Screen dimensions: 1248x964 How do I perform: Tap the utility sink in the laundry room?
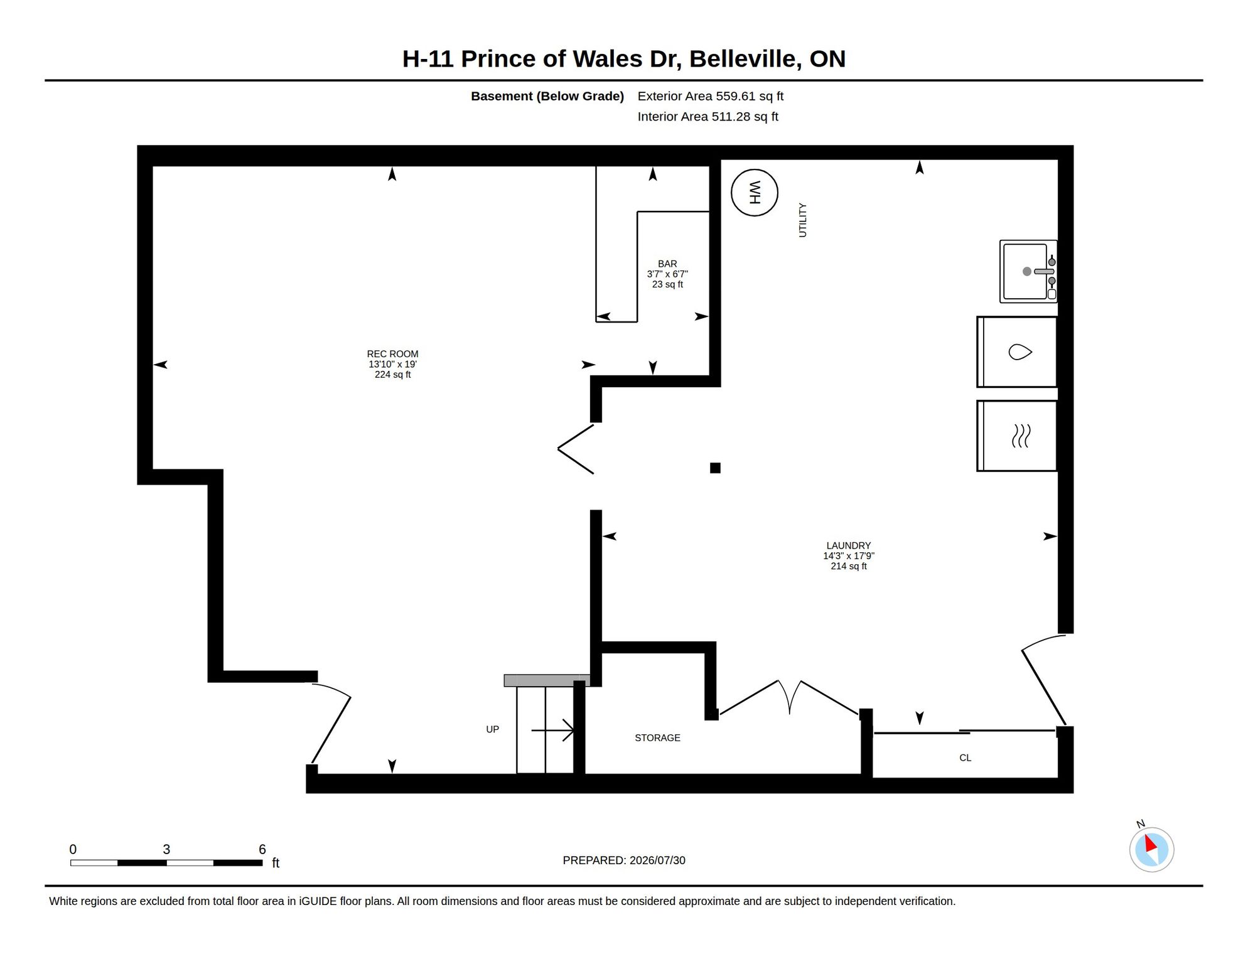tap(1028, 271)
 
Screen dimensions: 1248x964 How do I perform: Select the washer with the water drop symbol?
tap(1017, 352)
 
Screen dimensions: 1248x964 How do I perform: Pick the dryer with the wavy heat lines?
tap(1017, 436)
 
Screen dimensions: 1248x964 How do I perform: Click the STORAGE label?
tap(657, 738)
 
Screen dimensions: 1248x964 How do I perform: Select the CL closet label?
tap(966, 758)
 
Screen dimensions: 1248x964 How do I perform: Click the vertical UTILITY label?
tap(802, 220)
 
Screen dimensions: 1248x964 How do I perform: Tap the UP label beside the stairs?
tap(492, 729)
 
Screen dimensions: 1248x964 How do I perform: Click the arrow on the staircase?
tap(552, 731)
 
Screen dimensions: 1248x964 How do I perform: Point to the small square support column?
tap(715, 468)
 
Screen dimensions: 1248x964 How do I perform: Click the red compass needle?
tap(1151, 843)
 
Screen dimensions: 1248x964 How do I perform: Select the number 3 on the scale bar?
tap(166, 849)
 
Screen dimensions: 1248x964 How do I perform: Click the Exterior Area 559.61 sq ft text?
tap(711, 96)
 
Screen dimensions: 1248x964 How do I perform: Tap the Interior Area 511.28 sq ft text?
tap(708, 117)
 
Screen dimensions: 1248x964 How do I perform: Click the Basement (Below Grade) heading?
tap(547, 97)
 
